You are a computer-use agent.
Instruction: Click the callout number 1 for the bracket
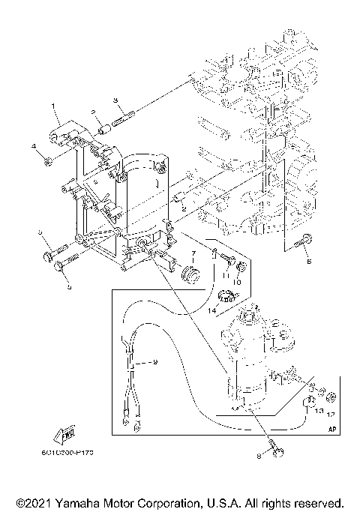point(53,106)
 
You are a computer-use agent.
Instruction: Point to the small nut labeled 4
point(46,160)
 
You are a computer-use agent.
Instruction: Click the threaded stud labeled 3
point(122,116)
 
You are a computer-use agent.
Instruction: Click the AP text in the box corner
point(331,430)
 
